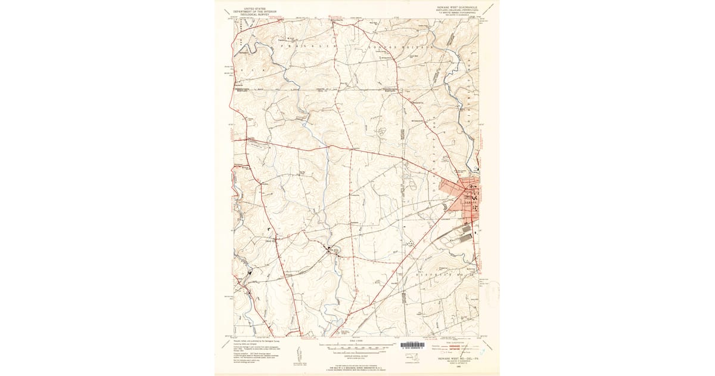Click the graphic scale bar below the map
click(357, 345)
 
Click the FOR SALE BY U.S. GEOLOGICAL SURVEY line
click(357, 367)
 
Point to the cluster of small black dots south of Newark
click(411, 243)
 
